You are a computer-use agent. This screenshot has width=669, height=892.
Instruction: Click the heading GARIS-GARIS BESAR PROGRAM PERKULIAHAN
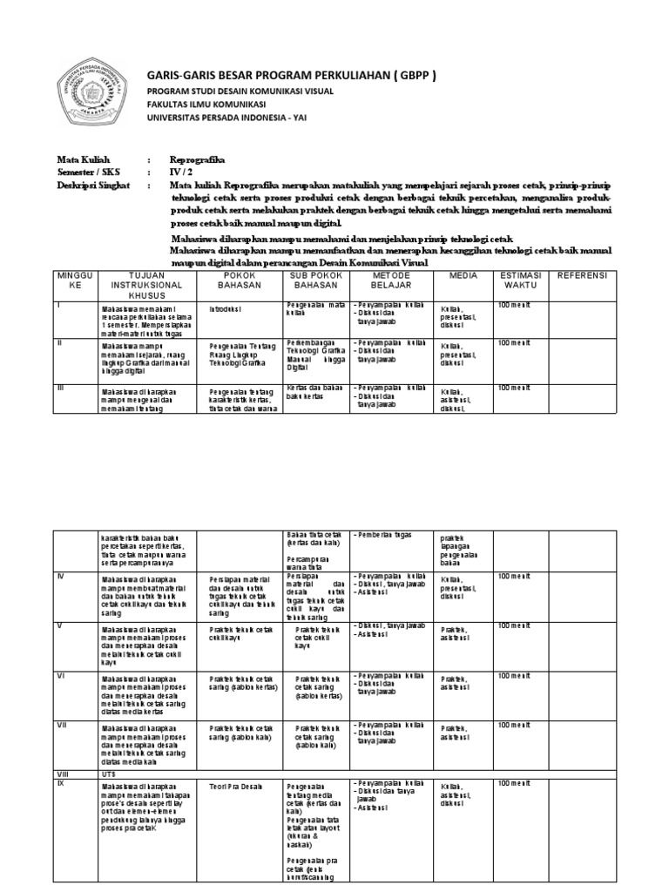point(291,76)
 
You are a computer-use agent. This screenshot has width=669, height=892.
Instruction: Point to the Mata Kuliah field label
point(79,160)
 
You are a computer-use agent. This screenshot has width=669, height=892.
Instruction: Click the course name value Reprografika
point(197,160)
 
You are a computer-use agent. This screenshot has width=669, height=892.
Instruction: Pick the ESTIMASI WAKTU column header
point(520,280)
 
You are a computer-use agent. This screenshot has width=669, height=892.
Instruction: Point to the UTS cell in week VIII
point(110,774)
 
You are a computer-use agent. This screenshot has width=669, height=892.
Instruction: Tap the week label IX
point(61,783)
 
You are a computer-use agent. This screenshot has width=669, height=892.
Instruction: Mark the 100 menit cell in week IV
point(513,577)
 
